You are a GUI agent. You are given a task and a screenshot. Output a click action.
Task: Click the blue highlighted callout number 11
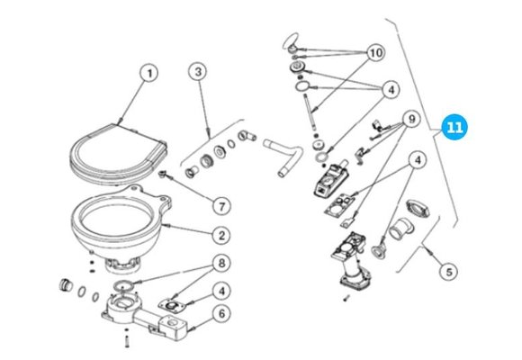[x=454, y=127]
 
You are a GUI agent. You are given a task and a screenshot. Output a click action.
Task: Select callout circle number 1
[x=149, y=73]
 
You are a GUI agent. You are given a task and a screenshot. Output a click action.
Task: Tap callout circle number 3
[x=198, y=72]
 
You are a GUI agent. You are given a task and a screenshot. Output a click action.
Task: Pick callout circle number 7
[x=221, y=206]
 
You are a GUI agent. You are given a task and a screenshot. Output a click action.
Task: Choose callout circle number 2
[x=221, y=236]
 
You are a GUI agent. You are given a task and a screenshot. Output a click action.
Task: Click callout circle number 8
[x=221, y=264]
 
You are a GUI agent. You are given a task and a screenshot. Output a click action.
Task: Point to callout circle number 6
[x=221, y=313]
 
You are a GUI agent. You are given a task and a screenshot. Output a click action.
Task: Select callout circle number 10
[x=376, y=53]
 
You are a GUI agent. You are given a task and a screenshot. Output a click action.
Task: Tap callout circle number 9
[x=412, y=119]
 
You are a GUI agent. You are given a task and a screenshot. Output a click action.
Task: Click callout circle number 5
[x=449, y=272]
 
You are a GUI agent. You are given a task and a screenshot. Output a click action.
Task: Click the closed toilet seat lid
[x=118, y=153]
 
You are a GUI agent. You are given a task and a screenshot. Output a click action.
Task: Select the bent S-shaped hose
[x=283, y=154]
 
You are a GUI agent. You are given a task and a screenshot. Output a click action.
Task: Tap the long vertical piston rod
[x=310, y=114]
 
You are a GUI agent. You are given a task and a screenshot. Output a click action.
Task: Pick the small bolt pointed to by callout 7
[x=163, y=175]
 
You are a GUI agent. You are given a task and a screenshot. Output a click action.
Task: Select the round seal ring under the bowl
[x=123, y=285]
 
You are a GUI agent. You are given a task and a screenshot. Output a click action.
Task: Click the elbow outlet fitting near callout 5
[x=401, y=229]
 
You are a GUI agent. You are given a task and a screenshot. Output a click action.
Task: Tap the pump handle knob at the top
[x=291, y=42]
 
